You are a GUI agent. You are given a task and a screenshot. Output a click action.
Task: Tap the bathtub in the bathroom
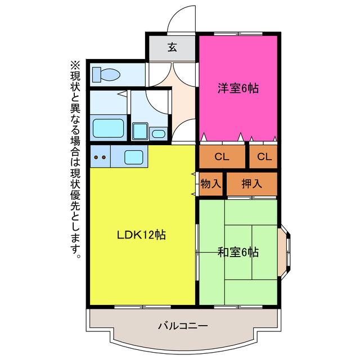[x=107, y=128]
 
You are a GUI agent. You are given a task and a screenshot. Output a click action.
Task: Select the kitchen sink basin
[x=134, y=157]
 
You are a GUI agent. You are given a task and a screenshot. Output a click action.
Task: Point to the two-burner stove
[x=100, y=157]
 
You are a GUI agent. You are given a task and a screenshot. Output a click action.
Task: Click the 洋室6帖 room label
[x=238, y=88]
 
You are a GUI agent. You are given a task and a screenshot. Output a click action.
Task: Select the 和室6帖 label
[x=238, y=252]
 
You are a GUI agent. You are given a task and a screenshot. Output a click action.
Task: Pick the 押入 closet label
[x=251, y=184]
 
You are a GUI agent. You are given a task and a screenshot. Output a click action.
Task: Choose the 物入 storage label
[x=211, y=184]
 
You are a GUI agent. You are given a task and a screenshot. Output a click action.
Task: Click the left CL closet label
[x=221, y=157]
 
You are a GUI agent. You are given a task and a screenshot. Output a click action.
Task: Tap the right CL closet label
[x=264, y=157]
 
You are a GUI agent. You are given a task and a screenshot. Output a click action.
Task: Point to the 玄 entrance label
[x=172, y=47]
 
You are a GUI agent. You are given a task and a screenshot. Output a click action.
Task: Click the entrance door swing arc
[x=181, y=18]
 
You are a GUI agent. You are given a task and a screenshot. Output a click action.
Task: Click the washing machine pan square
[x=139, y=132]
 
